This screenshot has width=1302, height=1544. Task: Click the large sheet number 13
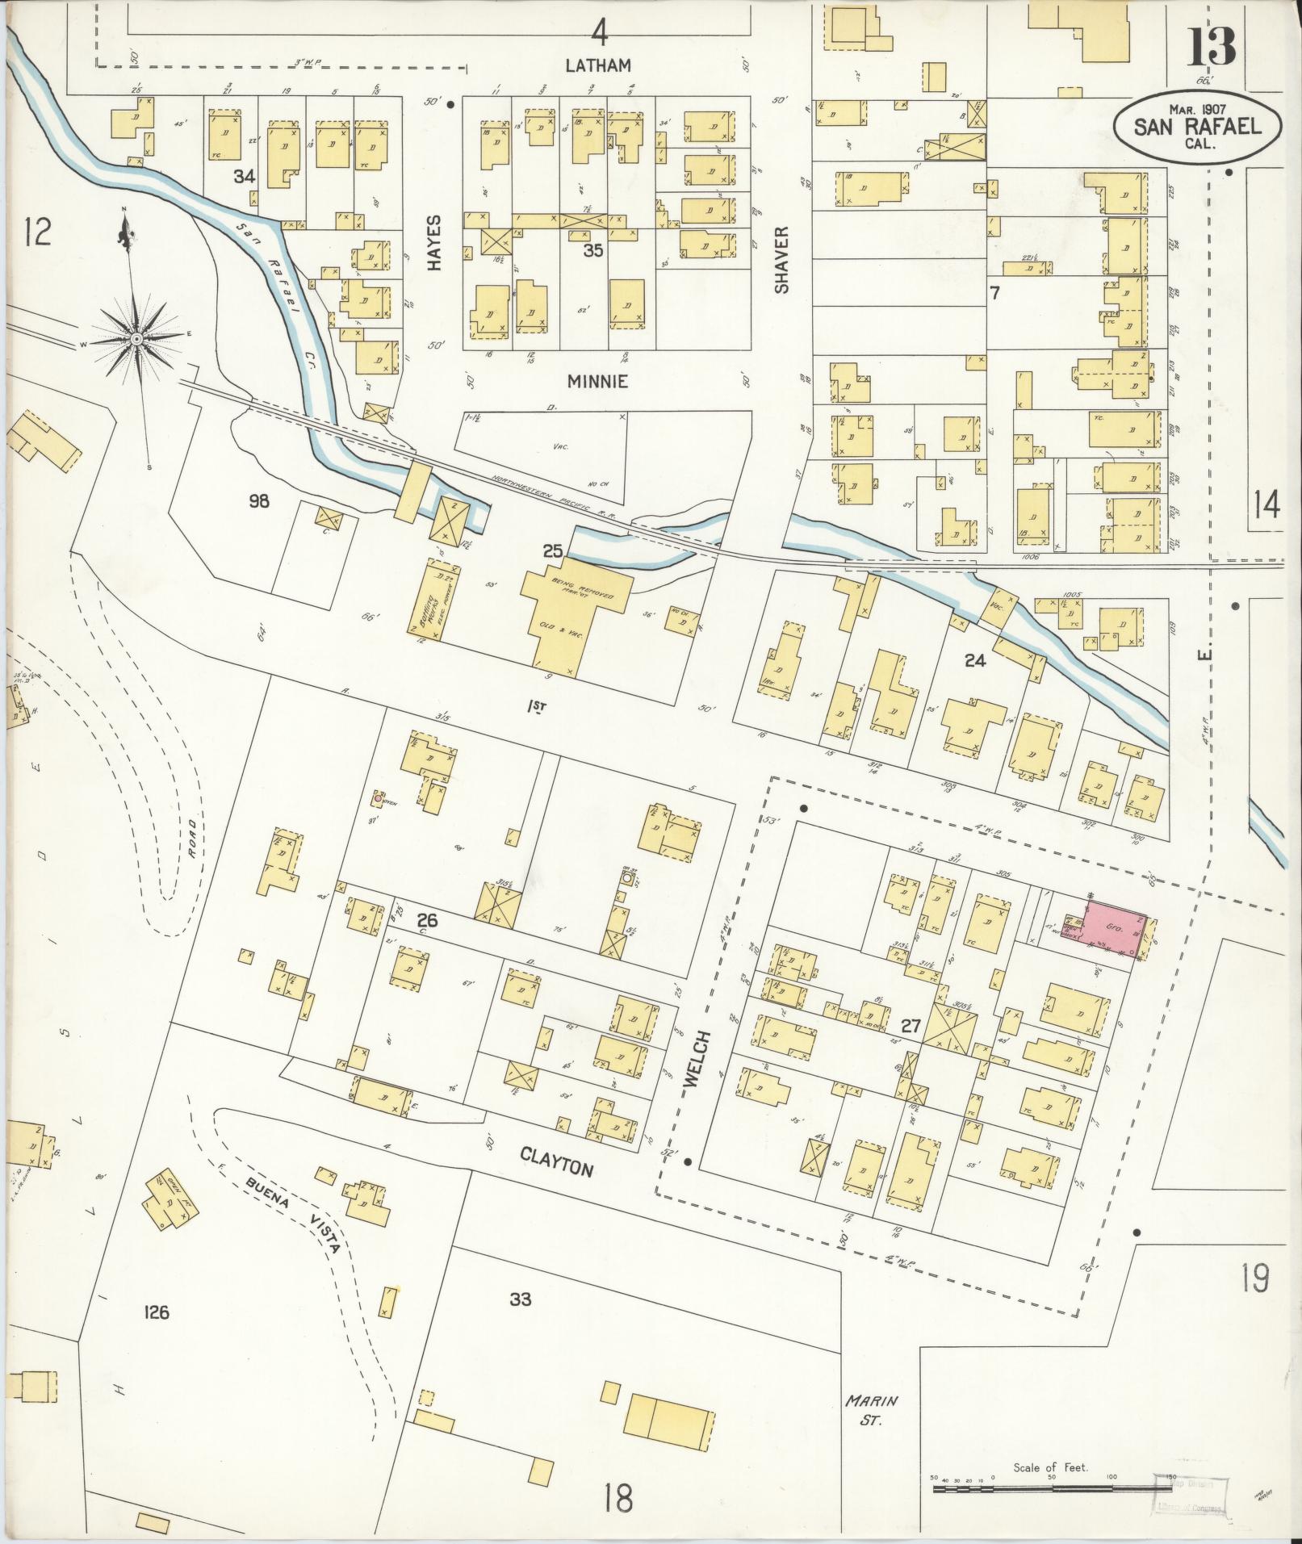[1210, 47]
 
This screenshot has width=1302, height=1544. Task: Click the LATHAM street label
[597, 66]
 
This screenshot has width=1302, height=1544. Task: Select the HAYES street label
[435, 242]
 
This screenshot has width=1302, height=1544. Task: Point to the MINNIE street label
[597, 382]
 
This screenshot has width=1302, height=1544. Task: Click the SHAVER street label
[781, 258]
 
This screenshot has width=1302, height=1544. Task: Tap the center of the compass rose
[136, 340]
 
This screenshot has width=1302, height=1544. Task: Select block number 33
[521, 1299]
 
